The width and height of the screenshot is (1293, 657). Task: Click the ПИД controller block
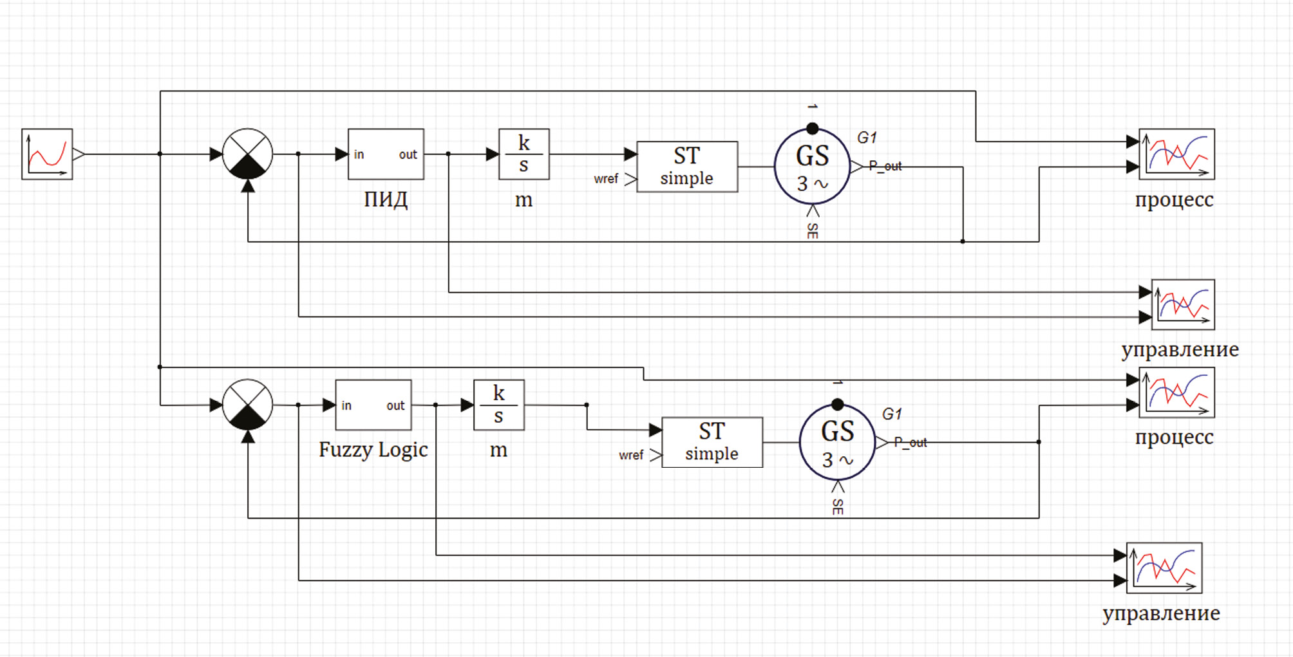point(386,154)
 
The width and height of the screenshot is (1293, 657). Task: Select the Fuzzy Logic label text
point(373,449)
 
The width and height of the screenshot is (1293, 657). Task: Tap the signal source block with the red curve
point(47,154)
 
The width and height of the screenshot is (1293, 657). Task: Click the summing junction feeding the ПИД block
point(247,154)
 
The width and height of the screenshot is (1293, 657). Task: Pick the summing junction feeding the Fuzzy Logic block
point(247,405)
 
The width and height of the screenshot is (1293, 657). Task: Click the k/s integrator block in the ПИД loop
point(524,154)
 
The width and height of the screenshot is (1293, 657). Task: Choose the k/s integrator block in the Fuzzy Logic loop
point(498,405)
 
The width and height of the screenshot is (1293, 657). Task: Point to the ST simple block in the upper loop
point(686,167)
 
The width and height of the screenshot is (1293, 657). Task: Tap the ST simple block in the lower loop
point(712,442)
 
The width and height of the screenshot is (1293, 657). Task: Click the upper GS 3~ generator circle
point(812,167)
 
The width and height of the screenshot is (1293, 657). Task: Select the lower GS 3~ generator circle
point(837,443)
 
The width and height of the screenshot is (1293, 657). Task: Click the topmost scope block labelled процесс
point(1176,154)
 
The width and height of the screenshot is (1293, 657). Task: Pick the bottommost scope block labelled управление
point(1164,568)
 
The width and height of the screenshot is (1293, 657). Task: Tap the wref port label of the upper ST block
point(606,179)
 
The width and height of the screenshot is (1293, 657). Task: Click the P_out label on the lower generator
point(910,443)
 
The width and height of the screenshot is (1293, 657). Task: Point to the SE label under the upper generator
point(813,231)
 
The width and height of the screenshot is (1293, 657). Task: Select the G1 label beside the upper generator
point(867,138)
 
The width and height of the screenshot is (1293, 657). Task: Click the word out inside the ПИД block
point(408,155)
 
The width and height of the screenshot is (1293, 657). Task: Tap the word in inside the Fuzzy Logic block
point(346,405)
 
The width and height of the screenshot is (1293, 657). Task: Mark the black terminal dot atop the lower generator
point(837,405)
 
